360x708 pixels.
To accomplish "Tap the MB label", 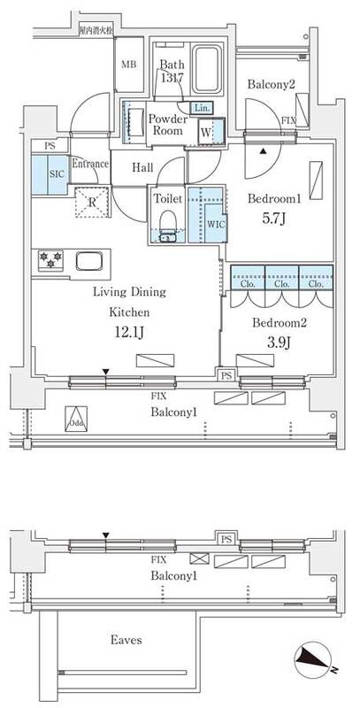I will click(128, 65).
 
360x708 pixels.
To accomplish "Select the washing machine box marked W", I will click(205, 132).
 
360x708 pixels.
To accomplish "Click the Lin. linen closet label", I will click(201, 107).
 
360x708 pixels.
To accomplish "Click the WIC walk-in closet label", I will click(215, 224).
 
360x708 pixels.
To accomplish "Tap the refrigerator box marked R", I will click(92, 200).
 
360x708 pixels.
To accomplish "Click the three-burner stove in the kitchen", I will click(50, 261).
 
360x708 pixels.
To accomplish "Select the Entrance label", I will click(89, 164).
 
